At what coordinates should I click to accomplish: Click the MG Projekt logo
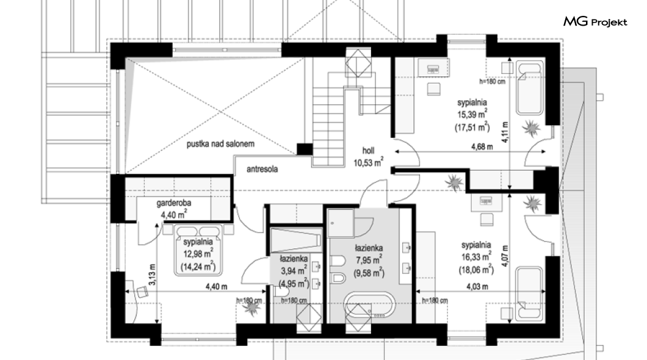595,22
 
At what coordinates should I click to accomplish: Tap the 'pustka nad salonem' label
220,144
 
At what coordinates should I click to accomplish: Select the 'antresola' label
262,169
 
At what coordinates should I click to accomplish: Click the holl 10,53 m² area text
368,157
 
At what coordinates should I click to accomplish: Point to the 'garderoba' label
174,203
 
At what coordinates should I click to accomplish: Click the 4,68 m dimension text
482,147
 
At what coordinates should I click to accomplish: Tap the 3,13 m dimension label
152,275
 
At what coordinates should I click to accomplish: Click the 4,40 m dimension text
216,287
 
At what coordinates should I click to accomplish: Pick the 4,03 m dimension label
477,287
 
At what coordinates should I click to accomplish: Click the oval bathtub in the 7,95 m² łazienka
370,306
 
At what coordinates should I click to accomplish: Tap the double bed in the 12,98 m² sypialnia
198,250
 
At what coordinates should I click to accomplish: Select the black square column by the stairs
305,149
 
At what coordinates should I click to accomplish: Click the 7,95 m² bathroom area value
369,260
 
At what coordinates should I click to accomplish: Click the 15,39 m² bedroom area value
472,114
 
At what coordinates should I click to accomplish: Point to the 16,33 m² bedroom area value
476,257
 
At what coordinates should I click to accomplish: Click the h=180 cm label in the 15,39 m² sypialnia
492,82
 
